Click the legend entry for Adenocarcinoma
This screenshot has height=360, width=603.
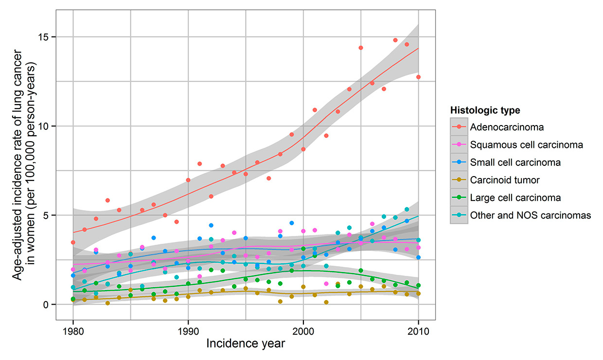[x=507, y=127]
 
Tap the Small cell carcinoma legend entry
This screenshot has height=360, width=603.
[x=515, y=162]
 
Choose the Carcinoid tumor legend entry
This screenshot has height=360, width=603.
[x=505, y=180]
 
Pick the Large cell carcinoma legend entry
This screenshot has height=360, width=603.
[x=515, y=198]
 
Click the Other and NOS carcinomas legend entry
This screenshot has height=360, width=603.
[x=530, y=216]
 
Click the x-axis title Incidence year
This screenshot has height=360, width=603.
[x=246, y=343]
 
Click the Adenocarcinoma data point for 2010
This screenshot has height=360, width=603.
[x=418, y=77]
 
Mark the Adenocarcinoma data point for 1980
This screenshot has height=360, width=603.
[x=73, y=242]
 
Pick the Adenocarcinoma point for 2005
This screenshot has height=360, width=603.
[x=361, y=48]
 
